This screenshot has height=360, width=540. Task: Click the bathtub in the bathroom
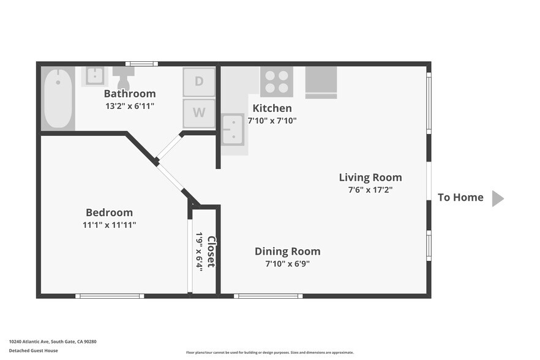coord(58,99)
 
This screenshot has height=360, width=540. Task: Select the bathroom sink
coord(95,76)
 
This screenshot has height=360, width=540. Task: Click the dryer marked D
coord(199,81)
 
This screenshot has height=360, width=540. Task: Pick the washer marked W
coord(199,113)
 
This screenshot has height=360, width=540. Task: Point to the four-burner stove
coord(277,82)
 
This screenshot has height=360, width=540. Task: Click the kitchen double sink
coord(233,130)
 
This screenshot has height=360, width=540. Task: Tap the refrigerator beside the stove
coord(321,82)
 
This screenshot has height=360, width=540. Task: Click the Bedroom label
coord(109,212)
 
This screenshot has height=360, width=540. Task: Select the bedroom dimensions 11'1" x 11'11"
coord(109,225)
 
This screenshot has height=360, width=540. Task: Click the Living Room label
coord(370,177)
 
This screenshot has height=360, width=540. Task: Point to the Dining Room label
coord(288,251)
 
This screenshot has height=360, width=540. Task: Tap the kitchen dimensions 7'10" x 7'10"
coord(272,121)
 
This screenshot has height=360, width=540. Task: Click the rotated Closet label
coord(211,252)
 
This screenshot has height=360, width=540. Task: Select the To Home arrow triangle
coord(498,198)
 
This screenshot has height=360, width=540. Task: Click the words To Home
coord(460,197)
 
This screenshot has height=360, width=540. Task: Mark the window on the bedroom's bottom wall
coord(110,296)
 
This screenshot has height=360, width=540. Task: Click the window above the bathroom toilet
coord(141,64)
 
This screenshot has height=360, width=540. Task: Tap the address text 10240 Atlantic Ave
coord(29,342)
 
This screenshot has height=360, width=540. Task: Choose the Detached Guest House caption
coord(34,351)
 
